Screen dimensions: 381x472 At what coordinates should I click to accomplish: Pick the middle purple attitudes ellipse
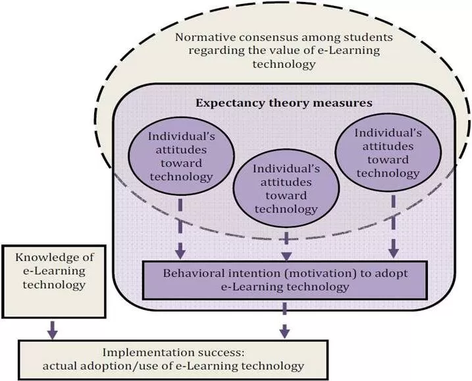coord(286,189)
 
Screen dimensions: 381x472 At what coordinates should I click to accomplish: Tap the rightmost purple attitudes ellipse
coord(387,152)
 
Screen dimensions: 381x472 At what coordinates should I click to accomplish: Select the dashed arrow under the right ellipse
coord(394,224)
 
